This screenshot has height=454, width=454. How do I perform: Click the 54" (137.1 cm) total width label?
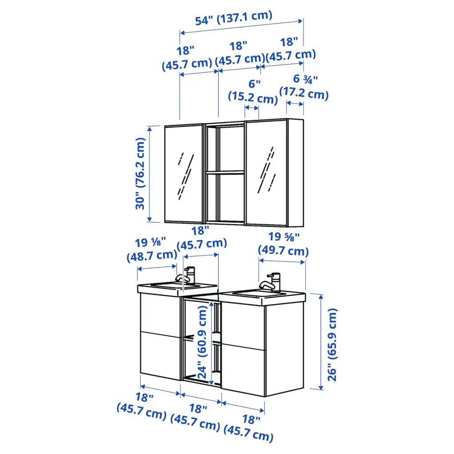pyautogui.click(x=234, y=18)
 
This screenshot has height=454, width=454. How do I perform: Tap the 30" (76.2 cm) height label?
pyautogui.click(x=141, y=173)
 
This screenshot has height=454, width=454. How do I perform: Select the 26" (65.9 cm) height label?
pyautogui.click(x=333, y=344)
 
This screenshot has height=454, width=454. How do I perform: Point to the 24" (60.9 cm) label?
pyautogui.click(x=202, y=342)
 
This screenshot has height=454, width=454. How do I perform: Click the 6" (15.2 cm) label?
pyautogui.click(x=253, y=91)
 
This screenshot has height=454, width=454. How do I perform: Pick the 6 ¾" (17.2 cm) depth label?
pyautogui.click(x=304, y=87)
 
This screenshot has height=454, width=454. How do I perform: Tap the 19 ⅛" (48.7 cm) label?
pyautogui.click(x=152, y=249)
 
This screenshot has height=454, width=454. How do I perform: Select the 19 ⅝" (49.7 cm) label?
pyautogui.click(x=283, y=244)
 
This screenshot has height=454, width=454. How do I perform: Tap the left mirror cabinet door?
pyautogui.click(x=184, y=174)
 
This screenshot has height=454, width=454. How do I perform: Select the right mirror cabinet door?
pyautogui.click(x=266, y=173)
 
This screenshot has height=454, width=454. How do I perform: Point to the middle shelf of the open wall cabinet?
pyautogui.click(x=225, y=172)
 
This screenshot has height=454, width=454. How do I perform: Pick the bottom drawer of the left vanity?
pyautogui.click(x=160, y=356)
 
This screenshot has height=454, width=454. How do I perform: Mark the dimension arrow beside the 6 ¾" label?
pyautogui.click(x=295, y=103)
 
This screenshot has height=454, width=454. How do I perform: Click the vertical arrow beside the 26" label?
pyautogui.click(x=321, y=342)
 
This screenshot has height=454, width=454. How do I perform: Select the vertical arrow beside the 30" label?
pyautogui.click(x=149, y=174)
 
